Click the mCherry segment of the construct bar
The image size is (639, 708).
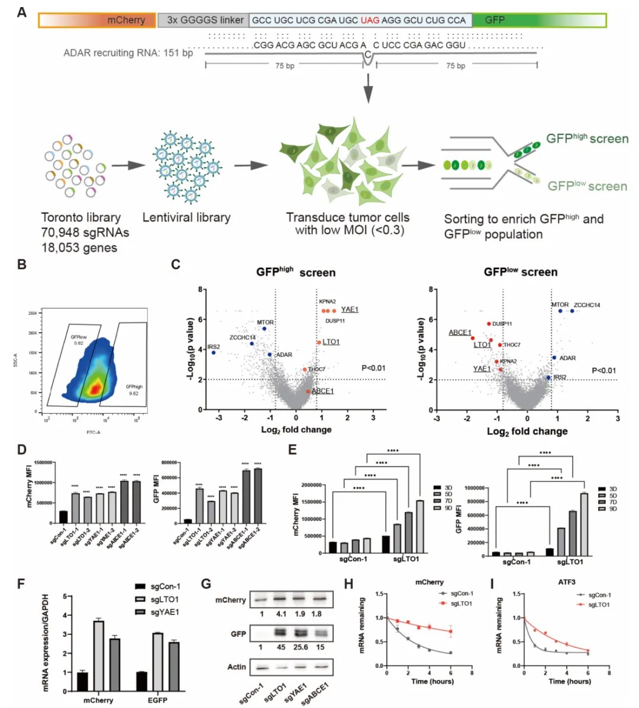(98, 20)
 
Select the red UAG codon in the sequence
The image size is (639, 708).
(370, 20)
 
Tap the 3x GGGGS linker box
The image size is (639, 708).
(204, 20)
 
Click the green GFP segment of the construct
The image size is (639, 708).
(538, 20)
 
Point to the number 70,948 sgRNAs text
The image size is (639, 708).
(85, 233)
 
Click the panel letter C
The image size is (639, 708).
(175, 265)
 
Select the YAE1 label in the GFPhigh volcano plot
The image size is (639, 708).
(350, 309)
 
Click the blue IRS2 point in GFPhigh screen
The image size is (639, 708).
(214, 353)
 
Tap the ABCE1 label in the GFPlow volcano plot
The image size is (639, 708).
(460, 332)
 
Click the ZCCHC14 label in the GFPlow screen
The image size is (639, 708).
(587, 305)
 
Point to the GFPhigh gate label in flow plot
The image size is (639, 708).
(134, 387)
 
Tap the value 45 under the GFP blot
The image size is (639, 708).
(281, 647)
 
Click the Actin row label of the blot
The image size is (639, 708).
(237, 667)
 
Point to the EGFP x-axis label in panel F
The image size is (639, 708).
(157, 700)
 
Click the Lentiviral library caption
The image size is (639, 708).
(186, 217)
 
